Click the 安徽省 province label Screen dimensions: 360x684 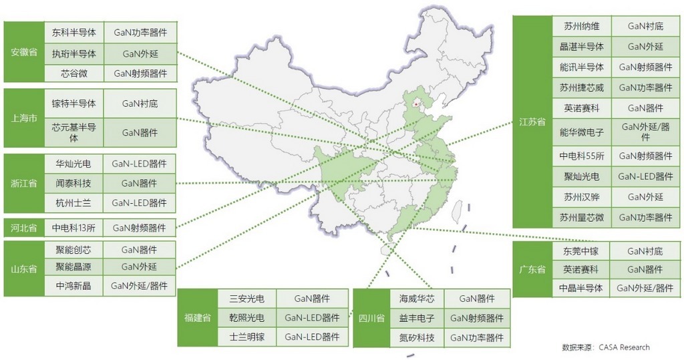pyautogui.click(x=24, y=53)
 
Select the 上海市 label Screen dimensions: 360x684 pyautogui.click(x=24, y=119)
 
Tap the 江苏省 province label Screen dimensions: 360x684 pyautogui.click(x=532, y=122)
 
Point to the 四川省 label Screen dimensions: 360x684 pyautogui.click(x=371, y=318)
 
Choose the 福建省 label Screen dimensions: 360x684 pyautogui.click(x=198, y=318)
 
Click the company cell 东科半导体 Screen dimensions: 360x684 pyautogui.click(x=74, y=32)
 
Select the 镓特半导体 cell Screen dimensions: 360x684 pyautogui.click(x=74, y=104)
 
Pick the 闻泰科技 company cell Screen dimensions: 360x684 pyautogui.click(x=74, y=183)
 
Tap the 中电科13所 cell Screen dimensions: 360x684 pyautogui.click(x=74, y=228)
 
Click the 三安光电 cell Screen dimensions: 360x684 pyautogui.click(x=246, y=299)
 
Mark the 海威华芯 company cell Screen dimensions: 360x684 pyautogui.click(x=417, y=299)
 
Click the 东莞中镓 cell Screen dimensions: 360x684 pyautogui.click(x=582, y=251)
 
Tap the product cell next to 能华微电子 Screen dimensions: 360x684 pyautogui.click(x=645, y=132)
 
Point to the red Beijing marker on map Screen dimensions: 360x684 pyautogui.click(x=416, y=104)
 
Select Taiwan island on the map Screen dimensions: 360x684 pyautogui.click(x=458, y=212)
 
